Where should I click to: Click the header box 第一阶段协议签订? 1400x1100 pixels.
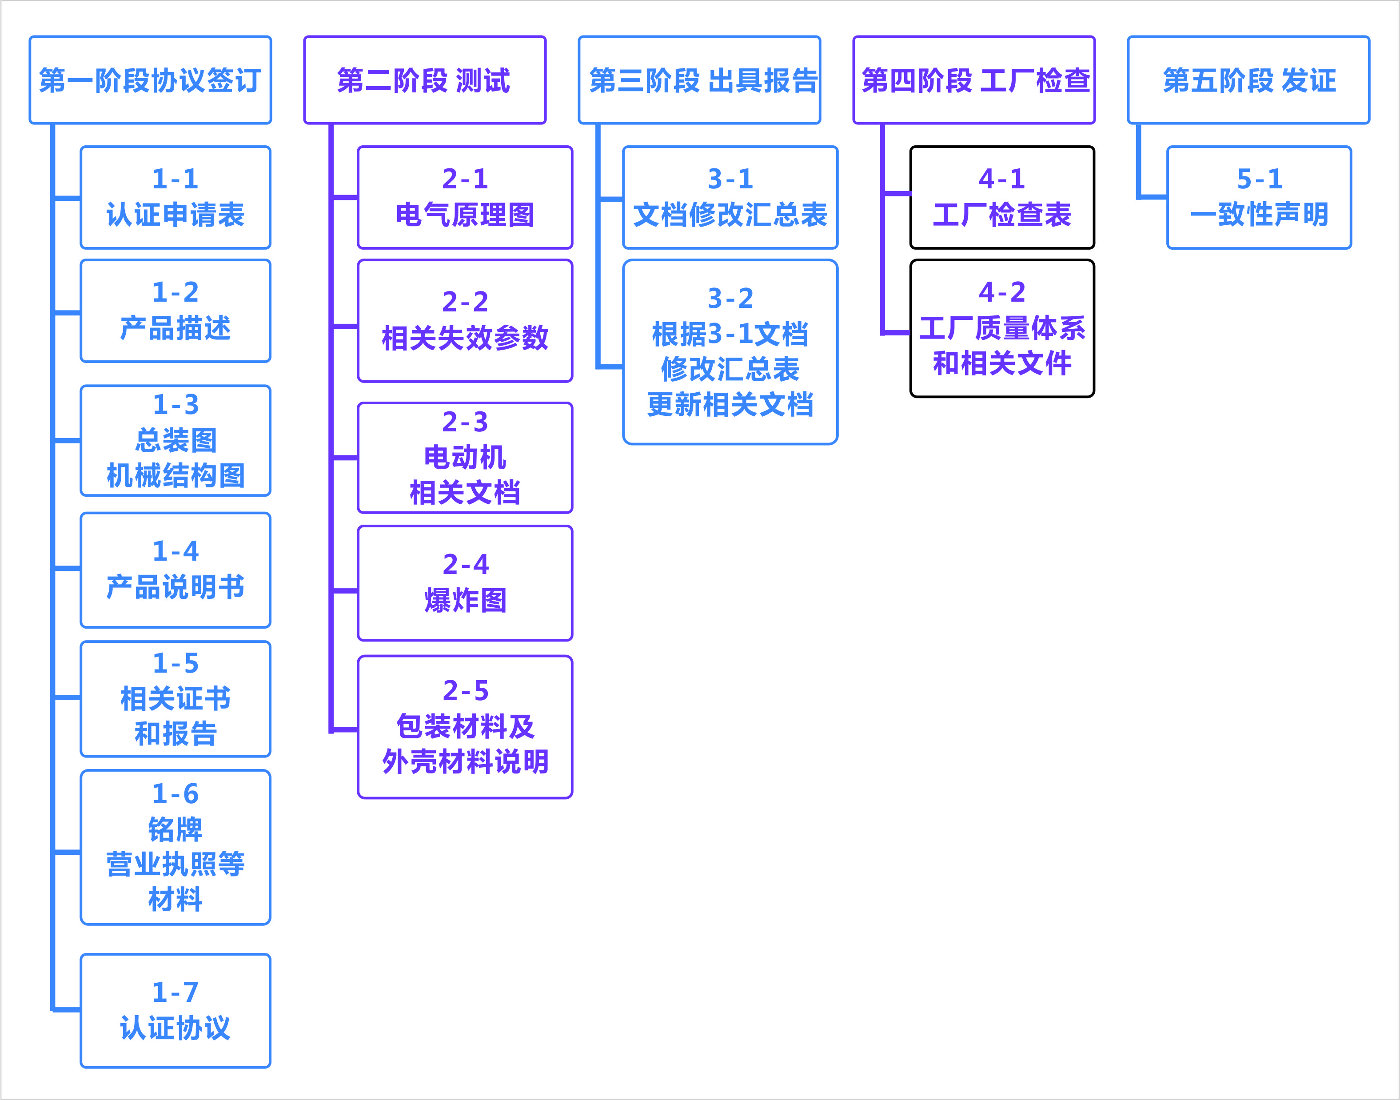click(150, 80)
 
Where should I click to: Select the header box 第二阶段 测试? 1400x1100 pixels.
click(424, 80)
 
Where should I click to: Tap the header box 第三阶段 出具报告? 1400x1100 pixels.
click(699, 80)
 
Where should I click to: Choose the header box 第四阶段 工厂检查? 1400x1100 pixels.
click(973, 80)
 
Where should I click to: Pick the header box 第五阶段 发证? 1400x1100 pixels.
click(1248, 80)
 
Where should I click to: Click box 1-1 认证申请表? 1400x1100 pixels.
click(175, 197)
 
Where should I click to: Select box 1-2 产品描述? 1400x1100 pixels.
click(175, 311)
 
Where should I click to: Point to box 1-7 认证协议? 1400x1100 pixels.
click(175, 1010)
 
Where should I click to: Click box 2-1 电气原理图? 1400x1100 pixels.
click(464, 197)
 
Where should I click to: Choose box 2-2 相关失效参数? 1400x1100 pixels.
click(464, 320)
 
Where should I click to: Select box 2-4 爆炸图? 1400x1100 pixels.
click(464, 583)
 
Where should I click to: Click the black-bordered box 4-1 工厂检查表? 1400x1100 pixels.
click(1001, 197)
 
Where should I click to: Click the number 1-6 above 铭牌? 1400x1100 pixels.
click(175, 793)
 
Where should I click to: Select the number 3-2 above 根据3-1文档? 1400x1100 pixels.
click(730, 298)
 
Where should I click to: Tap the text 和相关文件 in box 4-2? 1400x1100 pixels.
click(1002, 363)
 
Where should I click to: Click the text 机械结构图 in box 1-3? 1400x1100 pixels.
click(175, 476)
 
